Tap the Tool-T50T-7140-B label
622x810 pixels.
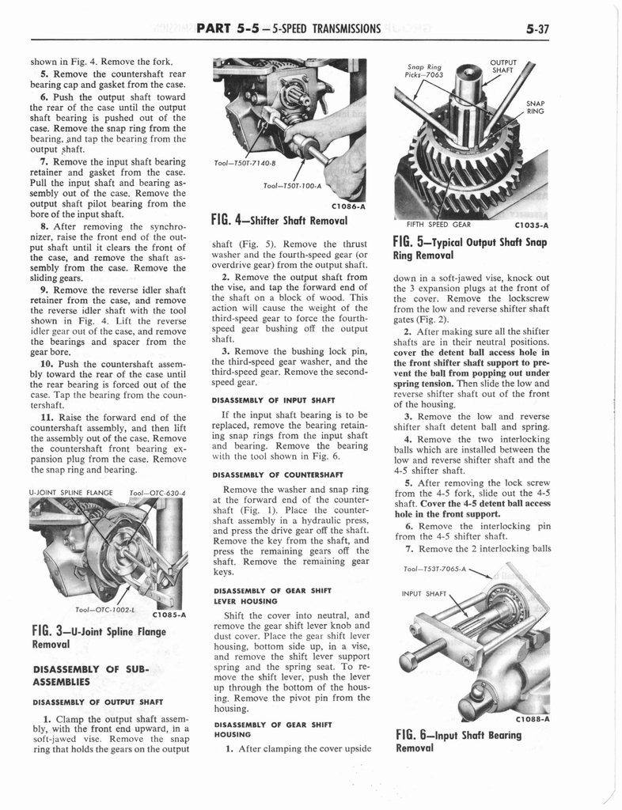coord(241,164)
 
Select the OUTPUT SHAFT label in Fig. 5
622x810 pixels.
coord(503,68)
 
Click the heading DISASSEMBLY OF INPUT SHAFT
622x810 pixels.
coord(272,399)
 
